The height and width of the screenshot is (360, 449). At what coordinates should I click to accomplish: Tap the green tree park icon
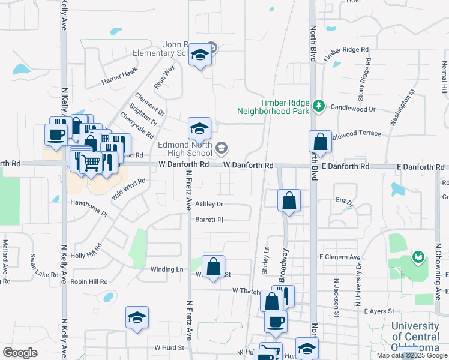(x=319, y=107)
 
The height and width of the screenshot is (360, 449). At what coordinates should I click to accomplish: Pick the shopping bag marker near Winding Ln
(x=214, y=266)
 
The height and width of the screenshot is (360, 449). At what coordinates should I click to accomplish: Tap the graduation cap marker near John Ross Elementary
(x=200, y=56)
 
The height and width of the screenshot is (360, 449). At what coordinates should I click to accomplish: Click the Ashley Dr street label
(x=209, y=204)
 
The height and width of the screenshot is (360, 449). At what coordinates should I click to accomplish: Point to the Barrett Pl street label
(x=209, y=220)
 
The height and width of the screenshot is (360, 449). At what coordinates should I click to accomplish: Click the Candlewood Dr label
(x=352, y=109)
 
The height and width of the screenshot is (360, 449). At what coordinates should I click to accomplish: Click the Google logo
(x=20, y=353)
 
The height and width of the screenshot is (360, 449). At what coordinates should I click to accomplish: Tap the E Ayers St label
(x=379, y=311)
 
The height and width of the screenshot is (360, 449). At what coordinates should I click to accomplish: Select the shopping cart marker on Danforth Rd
(x=91, y=161)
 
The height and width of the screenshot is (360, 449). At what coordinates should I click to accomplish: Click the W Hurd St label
(x=168, y=347)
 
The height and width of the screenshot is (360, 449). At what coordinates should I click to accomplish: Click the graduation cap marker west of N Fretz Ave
(x=137, y=317)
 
